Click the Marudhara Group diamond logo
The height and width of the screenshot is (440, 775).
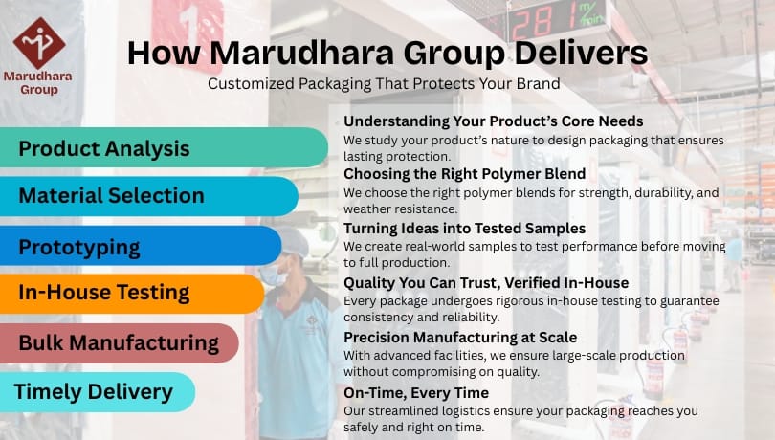(x=38, y=42)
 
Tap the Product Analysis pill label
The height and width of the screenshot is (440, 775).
(x=104, y=148)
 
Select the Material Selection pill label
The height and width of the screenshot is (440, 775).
(x=111, y=195)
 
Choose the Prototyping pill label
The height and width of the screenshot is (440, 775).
(x=79, y=247)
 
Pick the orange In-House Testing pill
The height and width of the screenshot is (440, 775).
(x=104, y=293)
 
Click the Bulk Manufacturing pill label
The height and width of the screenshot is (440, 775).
(x=119, y=341)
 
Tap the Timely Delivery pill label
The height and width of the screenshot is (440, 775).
(x=93, y=390)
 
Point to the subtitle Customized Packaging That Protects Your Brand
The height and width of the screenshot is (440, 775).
(x=384, y=83)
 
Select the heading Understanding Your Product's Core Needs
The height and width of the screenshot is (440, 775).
(x=493, y=121)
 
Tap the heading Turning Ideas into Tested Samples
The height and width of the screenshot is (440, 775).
(x=464, y=228)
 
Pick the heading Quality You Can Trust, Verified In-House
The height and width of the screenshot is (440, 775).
(x=486, y=282)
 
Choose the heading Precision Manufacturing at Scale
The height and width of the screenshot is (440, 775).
(x=460, y=337)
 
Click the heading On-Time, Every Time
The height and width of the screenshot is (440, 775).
(x=415, y=392)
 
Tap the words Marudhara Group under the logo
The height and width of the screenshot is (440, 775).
(x=38, y=82)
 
